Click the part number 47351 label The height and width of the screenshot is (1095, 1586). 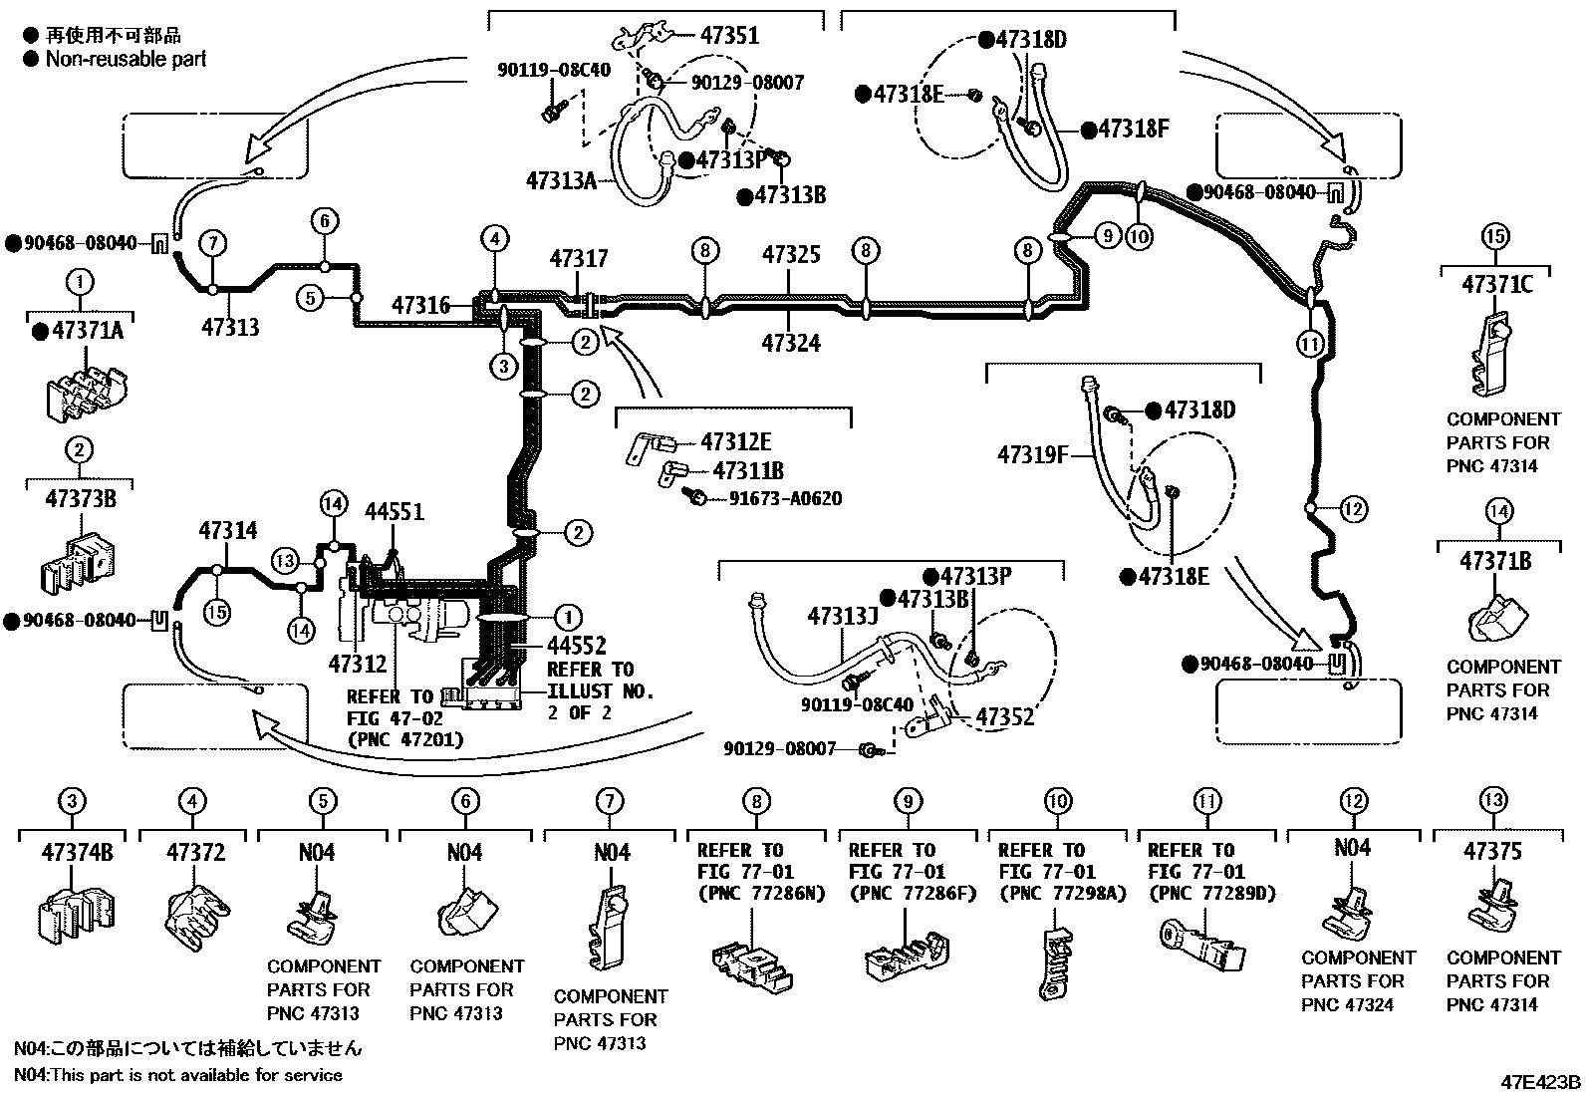[x=728, y=36]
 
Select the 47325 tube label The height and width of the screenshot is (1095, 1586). [x=791, y=254]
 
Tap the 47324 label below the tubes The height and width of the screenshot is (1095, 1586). [x=791, y=344]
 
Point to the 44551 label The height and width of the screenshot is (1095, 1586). [x=394, y=512]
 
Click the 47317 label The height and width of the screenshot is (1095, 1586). [x=578, y=259]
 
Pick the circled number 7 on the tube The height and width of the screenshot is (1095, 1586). [x=212, y=243]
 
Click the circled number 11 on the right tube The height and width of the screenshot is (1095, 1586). [x=1311, y=344]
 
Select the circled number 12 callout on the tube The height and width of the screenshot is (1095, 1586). [x=1353, y=510]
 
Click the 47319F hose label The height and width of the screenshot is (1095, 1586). [x=1032, y=456]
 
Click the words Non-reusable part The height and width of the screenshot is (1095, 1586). [x=126, y=59]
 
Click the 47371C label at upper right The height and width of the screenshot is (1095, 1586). [x=1496, y=285]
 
